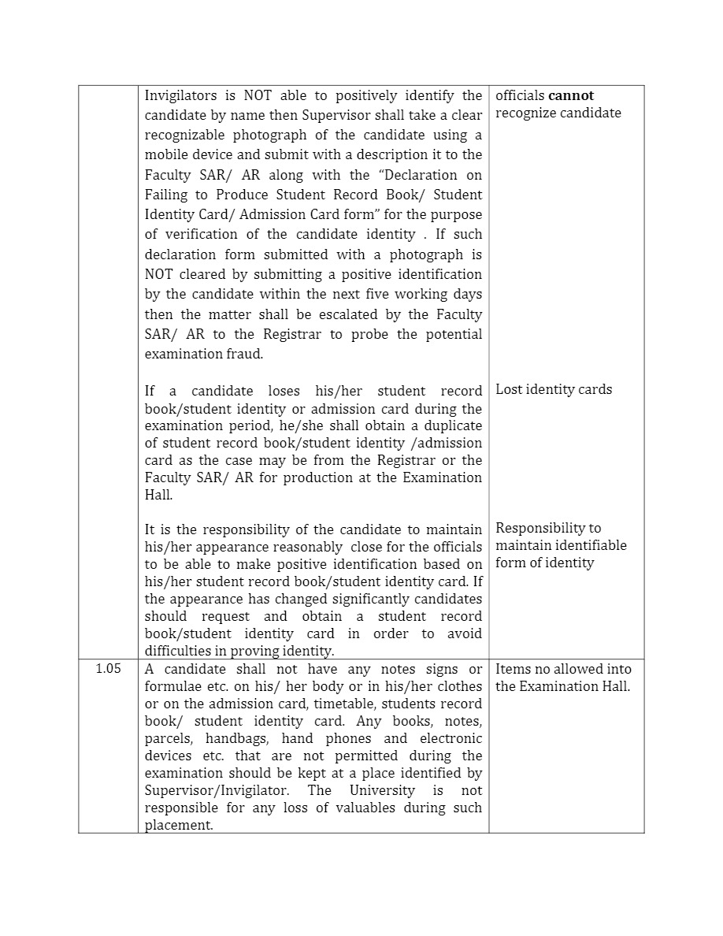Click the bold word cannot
tap(571, 96)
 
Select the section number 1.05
tap(108, 669)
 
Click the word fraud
tap(243, 354)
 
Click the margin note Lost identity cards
tap(554, 389)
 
